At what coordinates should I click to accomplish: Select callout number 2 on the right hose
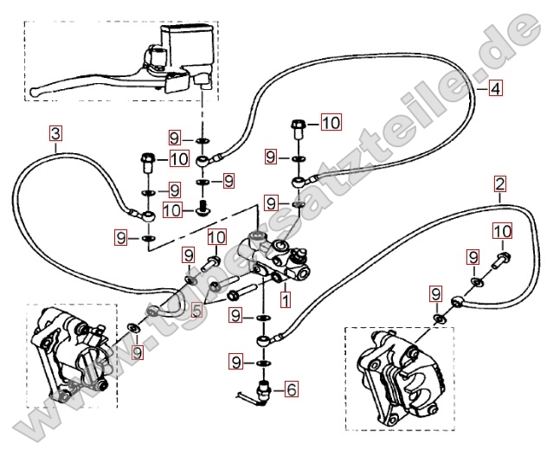(x=499, y=183)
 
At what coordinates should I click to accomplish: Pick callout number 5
(x=197, y=310)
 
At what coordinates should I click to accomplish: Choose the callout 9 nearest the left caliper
(x=137, y=352)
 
